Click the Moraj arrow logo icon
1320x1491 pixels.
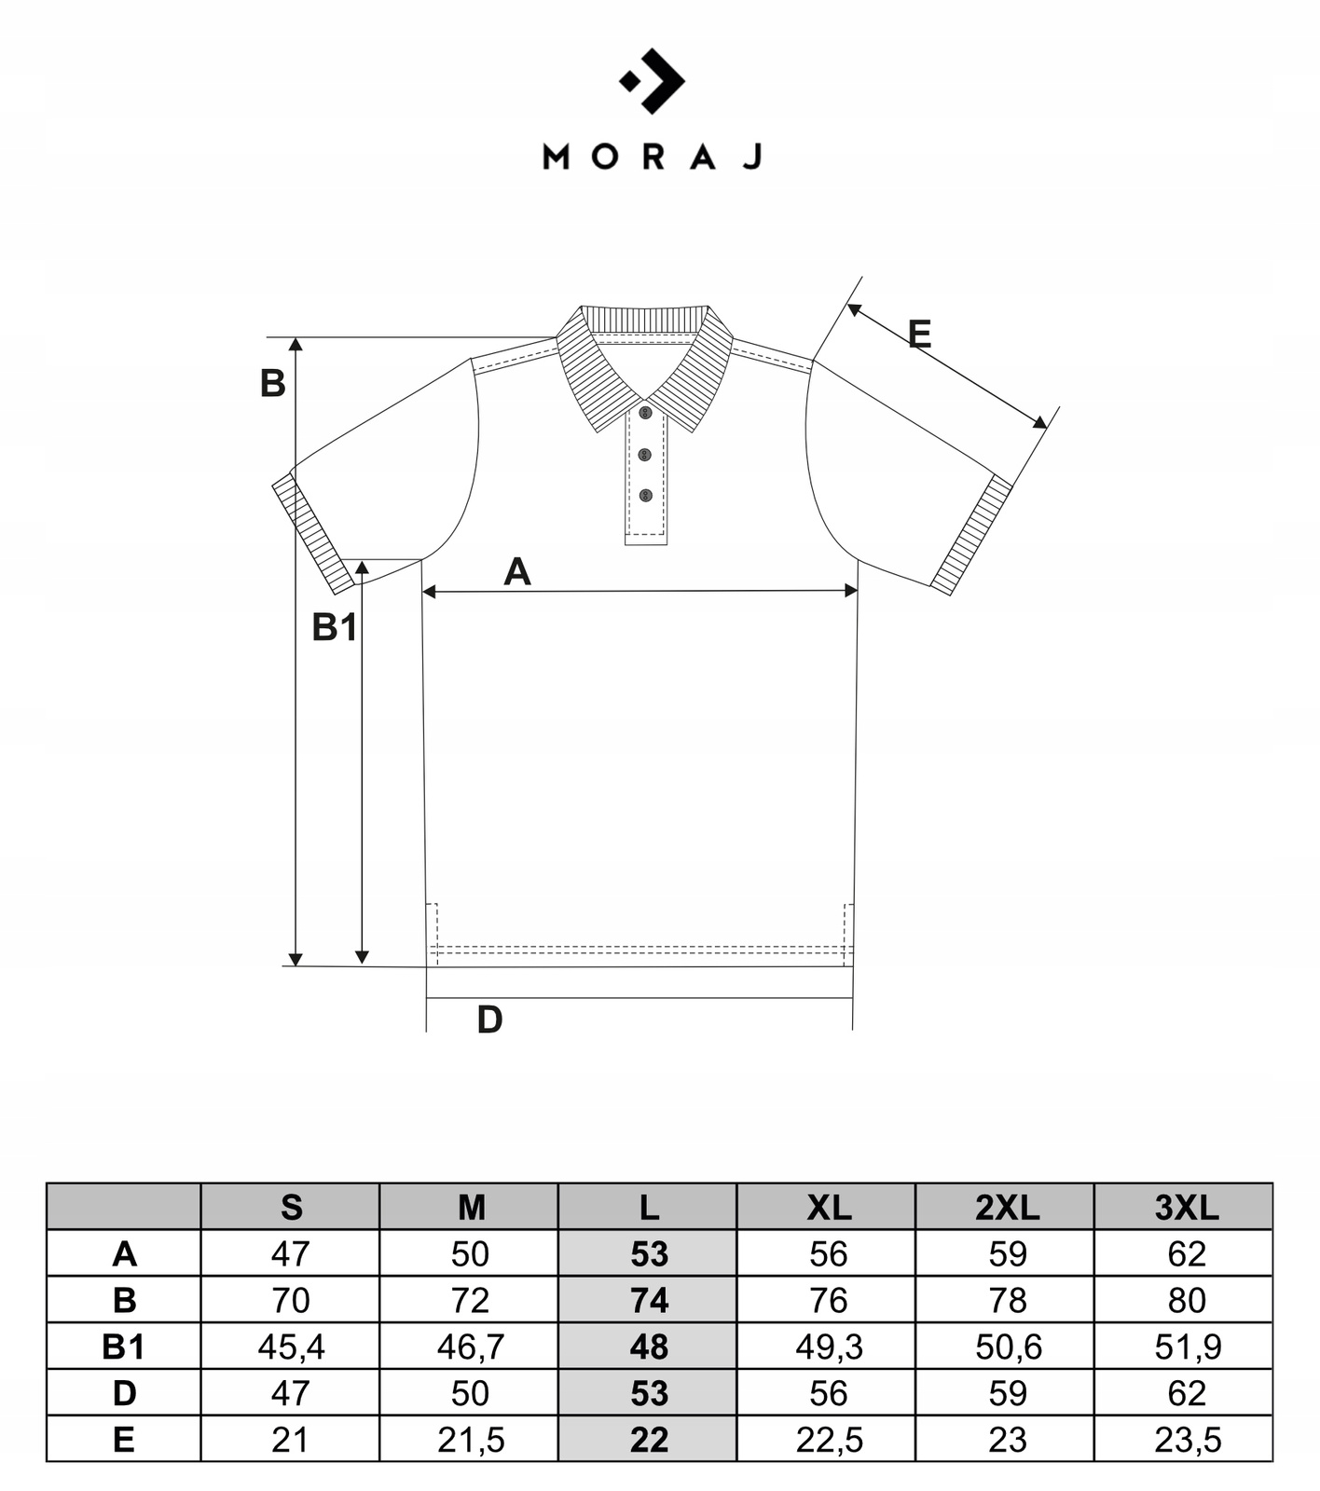click(x=653, y=81)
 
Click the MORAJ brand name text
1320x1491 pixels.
click(x=653, y=157)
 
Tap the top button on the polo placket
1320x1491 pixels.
click(x=645, y=412)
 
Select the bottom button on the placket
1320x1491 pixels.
click(x=645, y=495)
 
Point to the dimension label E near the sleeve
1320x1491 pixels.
click(x=919, y=334)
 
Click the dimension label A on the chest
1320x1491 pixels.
click(x=517, y=571)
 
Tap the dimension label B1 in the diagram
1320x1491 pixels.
click(x=334, y=627)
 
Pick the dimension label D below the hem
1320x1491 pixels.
click(x=489, y=1020)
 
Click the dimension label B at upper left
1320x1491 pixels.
click(x=272, y=383)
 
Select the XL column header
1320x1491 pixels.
click(x=828, y=1208)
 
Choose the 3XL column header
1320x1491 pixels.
click(x=1186, y=1208)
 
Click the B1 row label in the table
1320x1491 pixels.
click(x=123, y=1347)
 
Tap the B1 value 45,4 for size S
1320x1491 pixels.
click(x=291, y=1347)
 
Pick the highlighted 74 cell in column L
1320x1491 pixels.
click(x=649, y=1300)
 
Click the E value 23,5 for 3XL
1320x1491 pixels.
click(x=1187, y=1440)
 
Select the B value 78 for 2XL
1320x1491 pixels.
click(x=1007, y=1300)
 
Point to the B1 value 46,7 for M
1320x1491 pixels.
click(x=470, y=1347)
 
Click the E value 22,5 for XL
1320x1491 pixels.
click(x=828, y=1440)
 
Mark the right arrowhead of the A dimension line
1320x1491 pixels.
click(x=851, y=590)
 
